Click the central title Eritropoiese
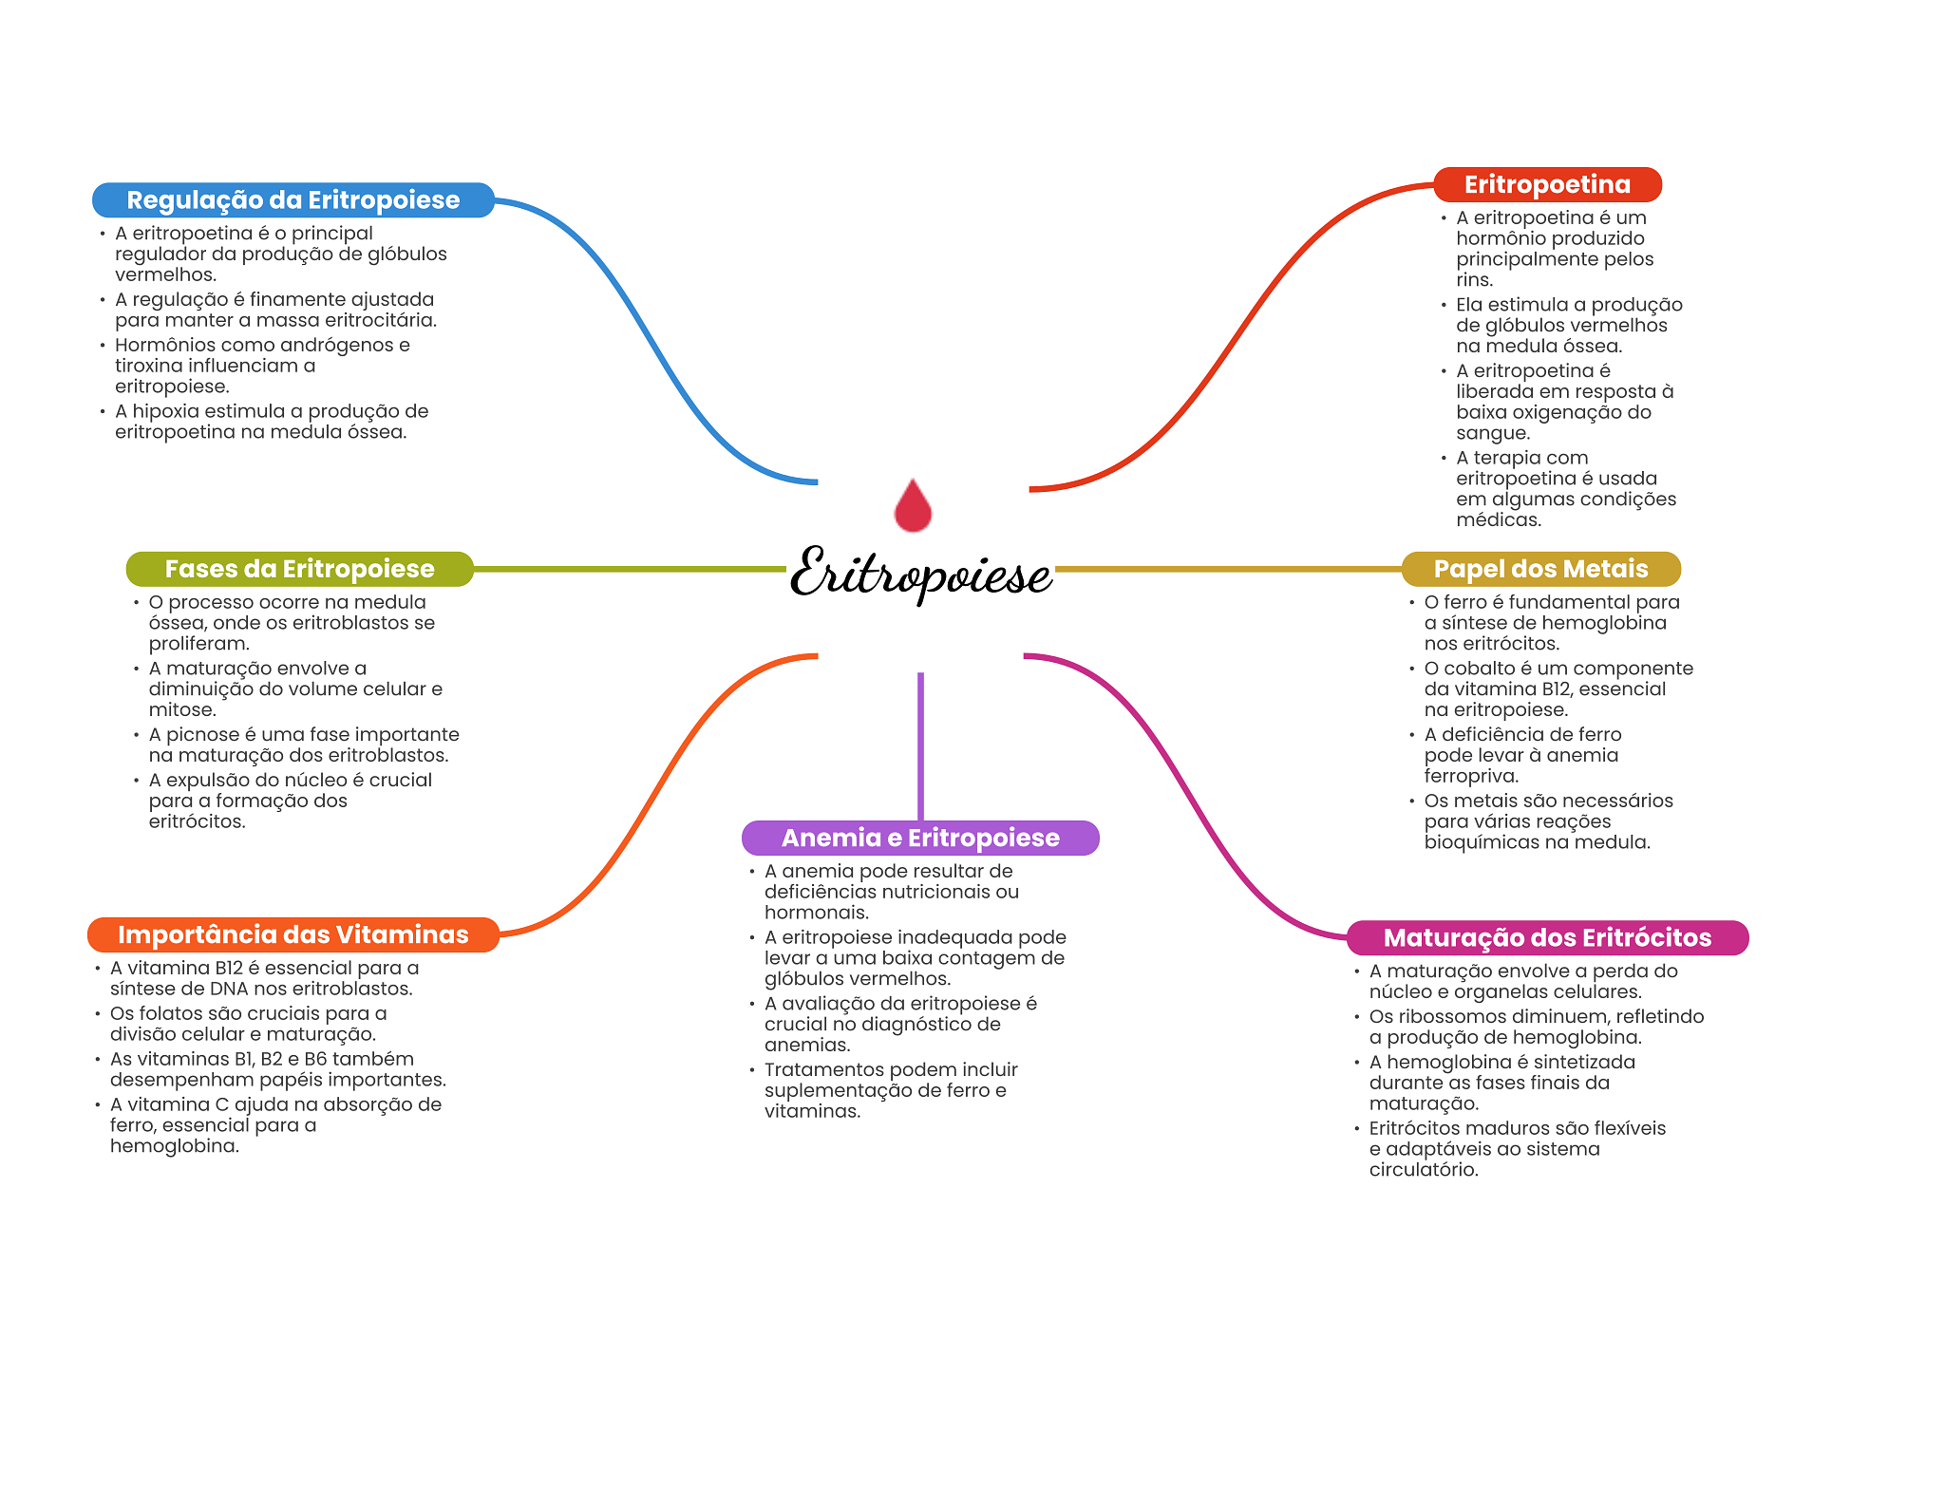click(x=921, y=573)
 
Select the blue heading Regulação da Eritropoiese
click(x=293, y=200)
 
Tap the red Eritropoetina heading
click(x=1547, y=184)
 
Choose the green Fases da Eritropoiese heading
click(x=299, y=569)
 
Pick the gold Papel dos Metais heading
click(x=1540, y=569)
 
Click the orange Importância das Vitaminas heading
click(x=293, y=934)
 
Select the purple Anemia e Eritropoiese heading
click(x=920, y=838)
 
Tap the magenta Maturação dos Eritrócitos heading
click(x=1547, y=937)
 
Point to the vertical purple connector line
click(x=920, y=746)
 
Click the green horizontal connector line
click(x=630, y=569)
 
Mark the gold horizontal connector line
click(x=1228, y=569)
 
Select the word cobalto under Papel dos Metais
click(x=1481, y=668)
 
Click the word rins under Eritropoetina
click(x=1475, y=280)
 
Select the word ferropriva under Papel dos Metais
click(x=1471, y=776)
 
